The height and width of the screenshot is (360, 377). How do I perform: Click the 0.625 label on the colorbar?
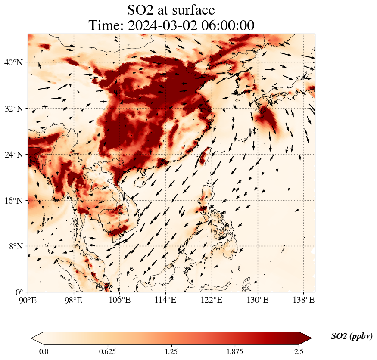point(107,351)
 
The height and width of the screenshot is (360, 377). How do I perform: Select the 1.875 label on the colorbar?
point(235,351)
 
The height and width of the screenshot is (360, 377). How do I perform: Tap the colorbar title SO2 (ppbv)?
point(352,336)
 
